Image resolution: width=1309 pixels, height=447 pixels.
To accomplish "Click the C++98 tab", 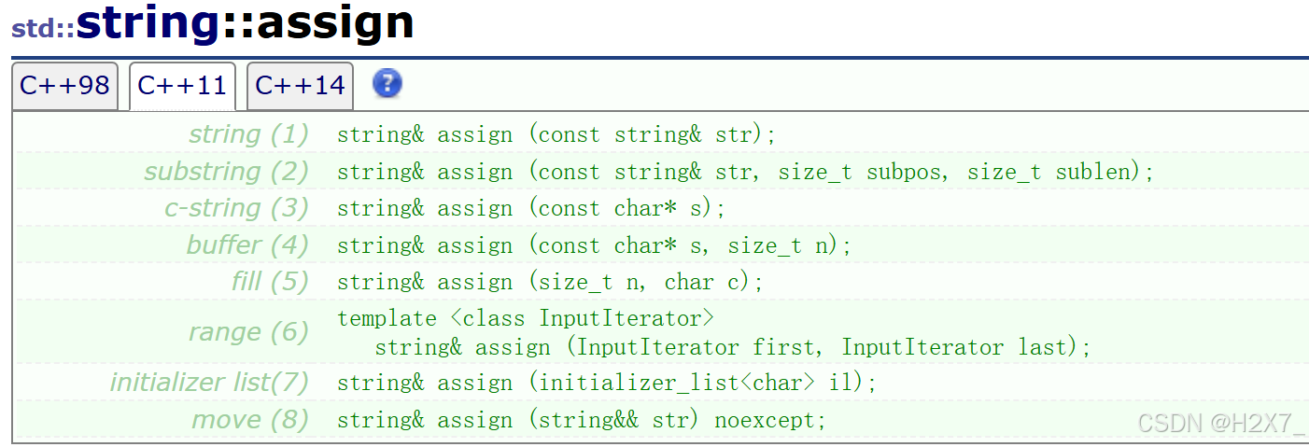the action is coord(64,86).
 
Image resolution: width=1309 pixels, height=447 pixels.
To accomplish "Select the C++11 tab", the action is coord(182,86).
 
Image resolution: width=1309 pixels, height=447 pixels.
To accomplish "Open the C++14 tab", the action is coord(300,86).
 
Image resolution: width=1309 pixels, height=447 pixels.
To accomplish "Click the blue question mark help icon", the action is coord(387,84).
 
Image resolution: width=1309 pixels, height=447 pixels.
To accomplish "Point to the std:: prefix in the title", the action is coord(42,27).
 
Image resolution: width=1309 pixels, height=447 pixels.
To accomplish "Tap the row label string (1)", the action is coord(248,134).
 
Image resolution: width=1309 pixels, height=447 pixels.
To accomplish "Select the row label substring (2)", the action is coord(226,172).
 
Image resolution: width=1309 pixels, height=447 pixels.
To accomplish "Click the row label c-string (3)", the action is coord(236,208).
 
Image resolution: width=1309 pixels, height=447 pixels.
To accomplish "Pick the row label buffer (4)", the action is coord(247,245).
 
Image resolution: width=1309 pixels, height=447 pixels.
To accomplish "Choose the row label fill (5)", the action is coord(270,282).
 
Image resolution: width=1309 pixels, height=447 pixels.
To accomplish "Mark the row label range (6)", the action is coord(248,332).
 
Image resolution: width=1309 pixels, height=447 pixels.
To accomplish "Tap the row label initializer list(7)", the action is coord(209,383).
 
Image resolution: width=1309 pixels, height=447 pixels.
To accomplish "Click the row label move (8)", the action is coord(250,420).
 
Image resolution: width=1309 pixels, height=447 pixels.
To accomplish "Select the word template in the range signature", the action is coord(387,319).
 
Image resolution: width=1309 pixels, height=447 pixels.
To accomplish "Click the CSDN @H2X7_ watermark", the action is coord(1220,423).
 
